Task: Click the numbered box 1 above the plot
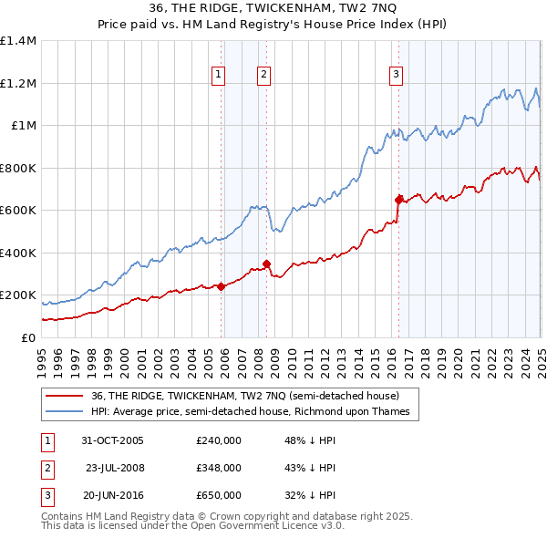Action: (x=220, y=76)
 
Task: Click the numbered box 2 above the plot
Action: (x=263, y=76)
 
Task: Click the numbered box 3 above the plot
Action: (x=397, y=76)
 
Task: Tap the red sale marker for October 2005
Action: (x=222, y=286)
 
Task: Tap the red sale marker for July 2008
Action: (x=266, y=264)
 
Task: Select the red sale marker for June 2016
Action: (x=398, y=199)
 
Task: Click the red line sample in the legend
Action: (x=65, y=397)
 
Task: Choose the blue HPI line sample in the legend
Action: (x=65, y=412)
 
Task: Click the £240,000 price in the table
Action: (x=219, y=440)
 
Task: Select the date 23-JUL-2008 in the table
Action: (x=115, y=468)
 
